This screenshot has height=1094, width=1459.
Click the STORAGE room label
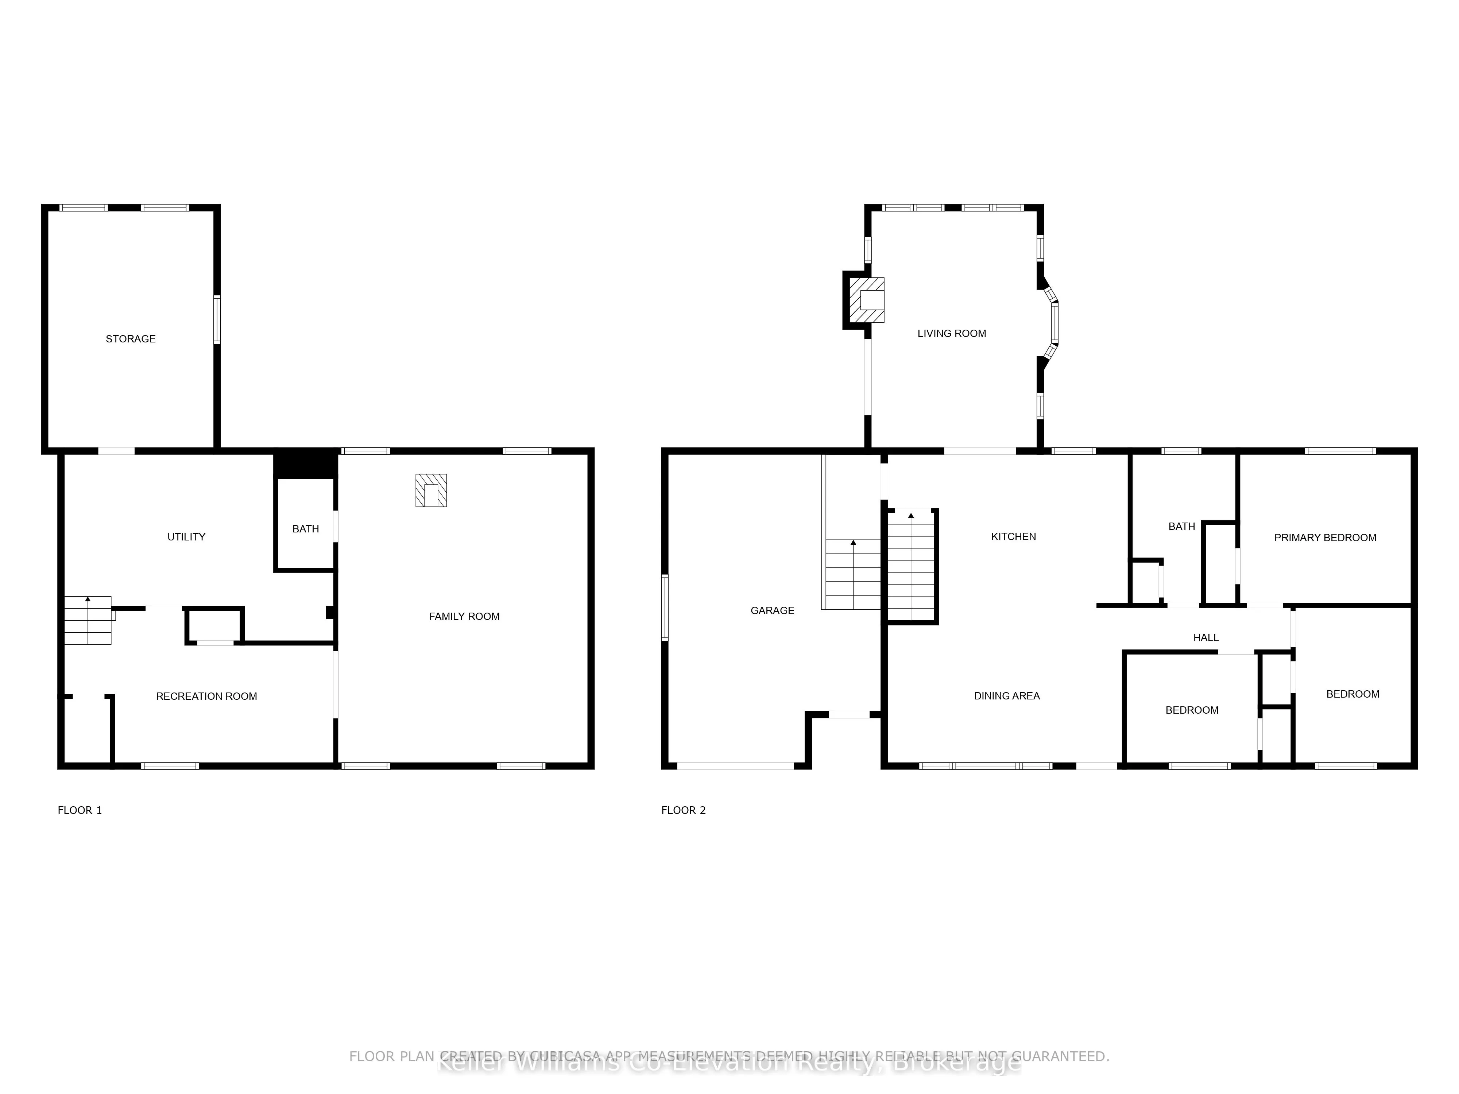pyautogui.click(x=131, y=339)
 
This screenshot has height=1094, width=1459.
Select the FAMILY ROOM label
pyautogui.click(x=464, y=617)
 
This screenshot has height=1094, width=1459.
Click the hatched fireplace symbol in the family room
pyautogui.click(x=431, y=490)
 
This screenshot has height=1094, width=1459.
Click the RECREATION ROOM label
pyautogui.click(x=206, y=697)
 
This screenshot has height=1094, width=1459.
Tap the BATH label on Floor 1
pyautogui.click(x=305, y=529)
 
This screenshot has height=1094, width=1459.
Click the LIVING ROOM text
pyautogui.click(x=951, y=334)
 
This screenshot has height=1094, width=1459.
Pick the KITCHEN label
pyautogui.click(x=1013, y=537)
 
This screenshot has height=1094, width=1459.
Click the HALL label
pyautogui.click(x=1206, y=638)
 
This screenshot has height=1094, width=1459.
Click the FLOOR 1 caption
pyautogui.click(x=80, y=810)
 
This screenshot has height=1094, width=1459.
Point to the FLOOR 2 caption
pyautogui.click(x=683, y=810)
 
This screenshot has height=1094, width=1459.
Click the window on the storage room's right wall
pyautogui.click(x=216, y=320)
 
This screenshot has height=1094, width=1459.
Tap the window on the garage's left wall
pyautogui.click(x=665, y=607)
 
